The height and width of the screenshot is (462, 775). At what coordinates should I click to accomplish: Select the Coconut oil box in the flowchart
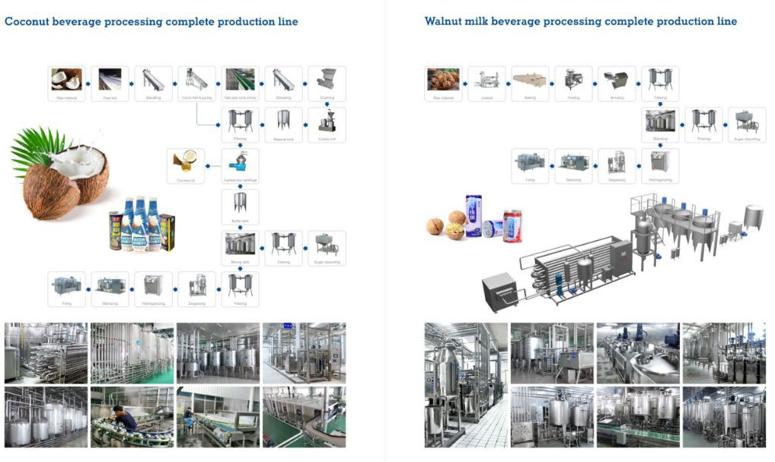pyautogui.click(x=184, y=165)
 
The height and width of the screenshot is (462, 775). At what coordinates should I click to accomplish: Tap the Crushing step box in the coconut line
pyautogui.click(x=327, y=83)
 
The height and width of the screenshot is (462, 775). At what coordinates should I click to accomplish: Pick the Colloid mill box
pyautogui.click(x=327, y=124)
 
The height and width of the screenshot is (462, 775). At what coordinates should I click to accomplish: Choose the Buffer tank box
pyautogui.click(x=241, y=207)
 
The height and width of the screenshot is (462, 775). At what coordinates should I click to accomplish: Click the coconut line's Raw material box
pyautogui.click(x=66, y=83)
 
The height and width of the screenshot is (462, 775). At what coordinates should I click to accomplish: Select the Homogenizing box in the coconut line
pyautogui.click(x=154, y=289)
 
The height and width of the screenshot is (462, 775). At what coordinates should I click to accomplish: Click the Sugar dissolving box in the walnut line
pyautogui.click(x=747, y=124)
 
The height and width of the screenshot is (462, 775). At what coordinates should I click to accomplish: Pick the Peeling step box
pyautogui.click(x=573, y=83)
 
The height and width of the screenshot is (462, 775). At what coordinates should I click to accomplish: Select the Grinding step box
pyautogui.click(x=617, y=83)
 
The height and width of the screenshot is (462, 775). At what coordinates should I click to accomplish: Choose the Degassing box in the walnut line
pyautogui.click(x=617, y=165)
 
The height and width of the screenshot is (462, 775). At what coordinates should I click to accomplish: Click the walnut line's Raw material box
pyautogui.click(x=443, y=83)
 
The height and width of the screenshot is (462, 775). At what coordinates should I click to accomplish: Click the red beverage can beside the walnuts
pyautogui.click(x=513, y=226)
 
